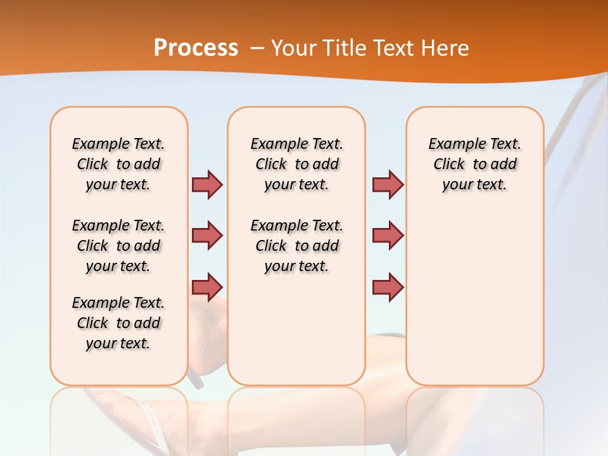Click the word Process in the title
point(196,48)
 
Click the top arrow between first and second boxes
point(207,184)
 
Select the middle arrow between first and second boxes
point(207,236)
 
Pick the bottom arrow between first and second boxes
point(207,287)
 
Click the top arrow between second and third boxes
point(388,184)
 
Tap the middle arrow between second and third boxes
point(388,236)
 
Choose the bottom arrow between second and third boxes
point(388,287)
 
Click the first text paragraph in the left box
point(118,164)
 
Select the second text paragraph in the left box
point(118,246)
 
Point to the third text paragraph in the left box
point(118,323)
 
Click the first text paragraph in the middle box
point(296,164)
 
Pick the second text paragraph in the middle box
point(296,246)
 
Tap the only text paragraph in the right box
point(474,164)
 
